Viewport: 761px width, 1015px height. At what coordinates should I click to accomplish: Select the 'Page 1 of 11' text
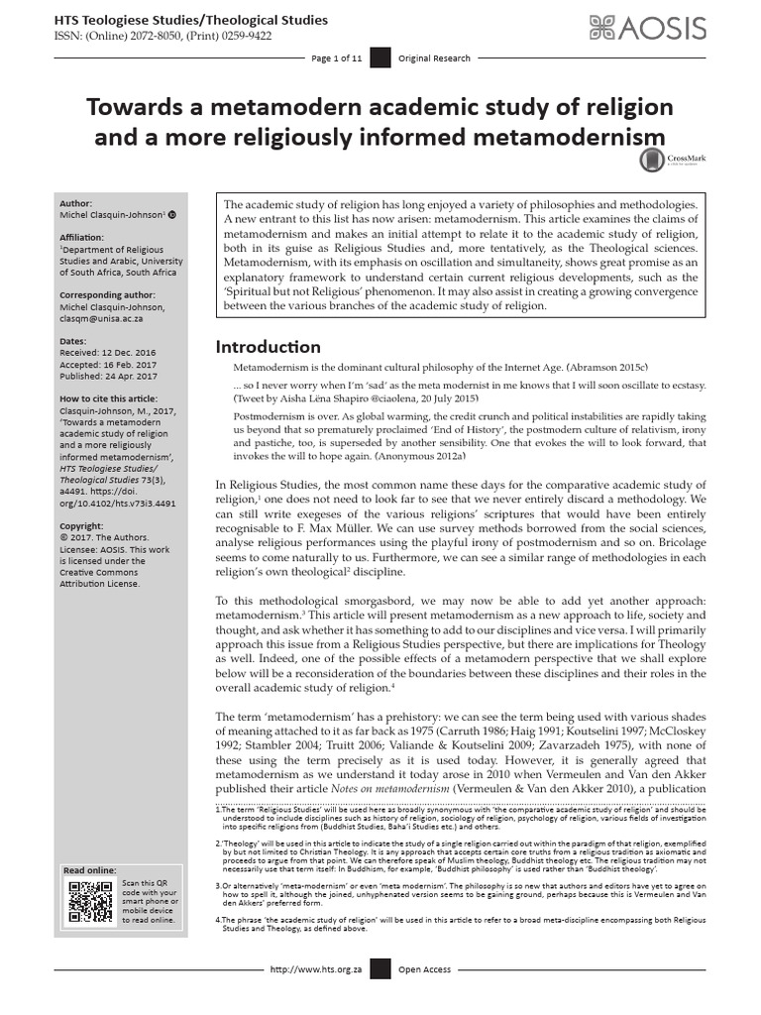[x=336, y=59]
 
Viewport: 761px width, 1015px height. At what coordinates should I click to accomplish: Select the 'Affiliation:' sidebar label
[x=84, y=237]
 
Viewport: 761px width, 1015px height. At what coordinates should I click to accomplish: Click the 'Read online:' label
[x=89, y=870]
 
